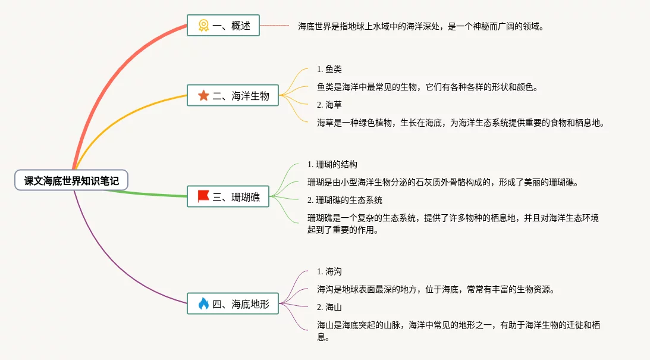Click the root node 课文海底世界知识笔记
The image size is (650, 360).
point(71,180)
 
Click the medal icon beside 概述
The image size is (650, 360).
point(203,26)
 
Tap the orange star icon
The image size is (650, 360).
point(203,95)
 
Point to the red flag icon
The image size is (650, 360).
point(203,196)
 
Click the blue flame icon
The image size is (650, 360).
point(203,304)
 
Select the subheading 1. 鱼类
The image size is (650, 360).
point(329,70)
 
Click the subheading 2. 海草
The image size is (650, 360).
point(329,105)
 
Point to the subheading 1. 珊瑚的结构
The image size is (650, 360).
point(332,164)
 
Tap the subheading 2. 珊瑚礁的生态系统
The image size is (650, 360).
point(345,200)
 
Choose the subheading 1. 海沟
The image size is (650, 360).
point(329,271)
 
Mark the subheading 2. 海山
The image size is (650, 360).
point(329,307)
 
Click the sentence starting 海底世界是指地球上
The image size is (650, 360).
point(421,26)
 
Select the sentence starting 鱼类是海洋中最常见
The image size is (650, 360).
point(428,87)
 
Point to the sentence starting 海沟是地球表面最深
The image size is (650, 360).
point(435,289)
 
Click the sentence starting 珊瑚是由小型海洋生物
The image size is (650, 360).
point(442,182)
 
